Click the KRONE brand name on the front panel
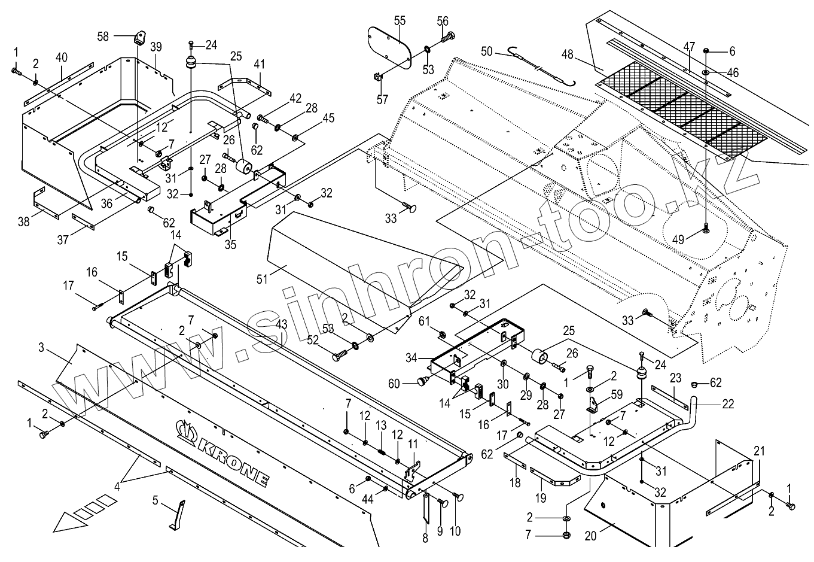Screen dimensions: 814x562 pyautogui.click(x=222, y=454)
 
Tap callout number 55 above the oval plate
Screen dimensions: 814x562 pyautogui.click(x=400, y=21)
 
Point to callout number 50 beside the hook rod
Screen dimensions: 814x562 pyautogui.click(x=487, y=51)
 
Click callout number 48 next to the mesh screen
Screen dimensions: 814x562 pyautogui.click(x=567, y=54)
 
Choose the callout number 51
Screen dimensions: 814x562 pyautogui.click(x=262, y=279)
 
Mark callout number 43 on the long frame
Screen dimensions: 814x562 pyautogui.click(x=281, y=325)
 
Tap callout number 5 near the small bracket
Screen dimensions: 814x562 pyautogui.click(x=155, y=500)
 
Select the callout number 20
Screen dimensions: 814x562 pyautogui.click(x=590, y=536)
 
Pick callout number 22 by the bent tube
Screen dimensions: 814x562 pyautogui.click(x=728, y=404)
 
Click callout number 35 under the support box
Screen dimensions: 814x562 pyautogui.click(x=230, y=244)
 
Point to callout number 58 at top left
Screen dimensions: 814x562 pyautogui.click(x=103, y=37)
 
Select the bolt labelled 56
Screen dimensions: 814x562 pyautogui.click(x=448, y=37)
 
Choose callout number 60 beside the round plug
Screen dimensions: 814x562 pyautogui.click(x=394, y=384)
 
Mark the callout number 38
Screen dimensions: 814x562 pyautogui.click(x=23, y=221)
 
